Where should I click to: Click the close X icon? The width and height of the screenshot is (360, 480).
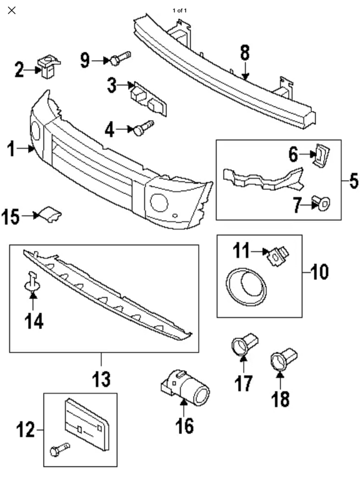(11, 10)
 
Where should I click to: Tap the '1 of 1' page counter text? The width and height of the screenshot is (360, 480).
(179, 10)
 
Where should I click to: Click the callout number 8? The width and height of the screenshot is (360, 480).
(245, 52)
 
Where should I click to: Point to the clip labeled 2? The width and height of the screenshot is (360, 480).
(48, 66)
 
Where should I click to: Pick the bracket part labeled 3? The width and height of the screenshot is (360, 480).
(149, 98)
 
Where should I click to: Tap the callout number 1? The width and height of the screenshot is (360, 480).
(11, 149)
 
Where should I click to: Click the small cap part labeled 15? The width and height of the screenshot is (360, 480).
(50, 214)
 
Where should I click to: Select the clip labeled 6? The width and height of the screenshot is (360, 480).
(322, 156)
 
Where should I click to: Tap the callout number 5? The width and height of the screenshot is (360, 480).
(354, 181)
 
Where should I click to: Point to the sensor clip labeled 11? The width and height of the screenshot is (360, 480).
(277, 255)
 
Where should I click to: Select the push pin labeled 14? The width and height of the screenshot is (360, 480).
(32, 281)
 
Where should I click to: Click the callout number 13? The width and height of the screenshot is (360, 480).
(101, 379)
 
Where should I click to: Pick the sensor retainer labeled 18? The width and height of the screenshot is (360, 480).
(284, 359)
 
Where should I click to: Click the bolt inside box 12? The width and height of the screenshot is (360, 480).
(59, 449)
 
